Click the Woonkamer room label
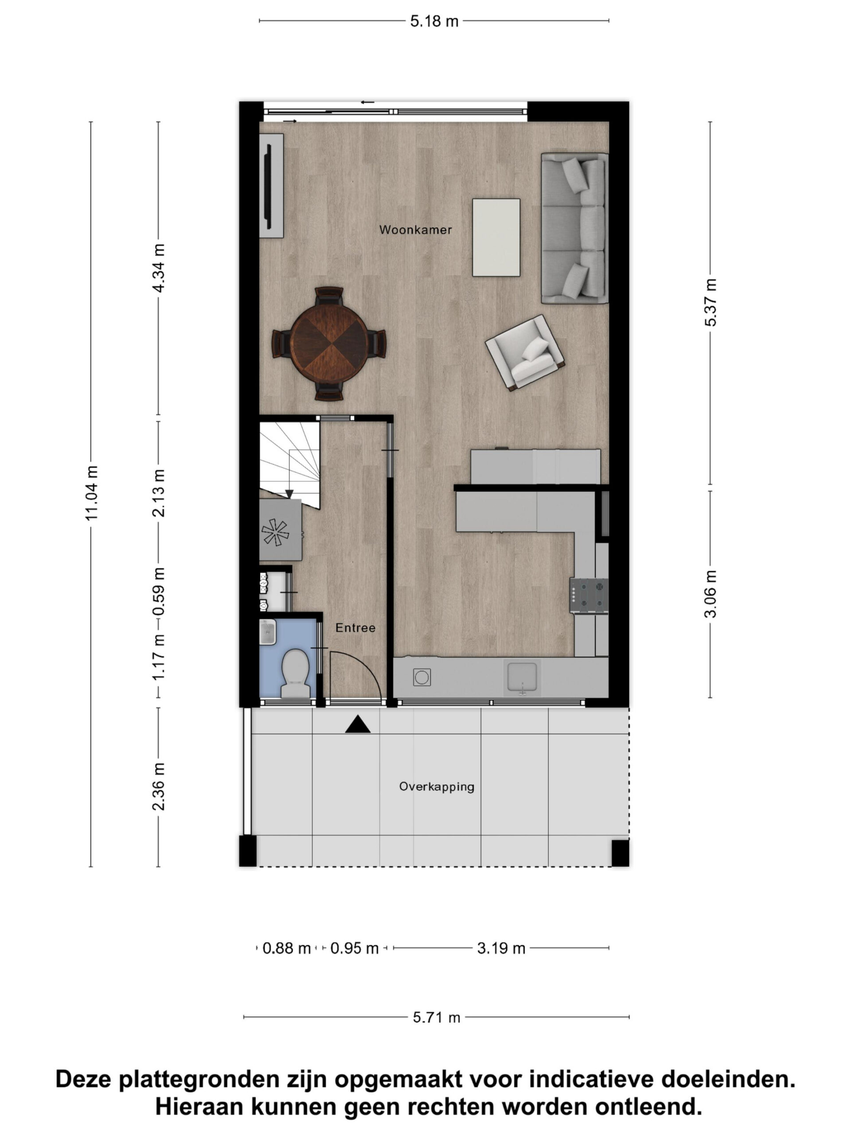click(415, 229)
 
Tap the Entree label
click(355, 627)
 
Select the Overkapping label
click(437, 787)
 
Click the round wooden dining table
click(329, 343)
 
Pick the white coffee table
click(496, 238)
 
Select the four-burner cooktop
click(589, 595)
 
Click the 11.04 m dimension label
click(91, 493)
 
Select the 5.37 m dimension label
click(710, 302)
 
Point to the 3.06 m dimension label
click(710, 594)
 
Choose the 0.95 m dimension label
click(355, 948)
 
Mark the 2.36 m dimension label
click(159, 787)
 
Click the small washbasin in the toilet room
click(268, 632)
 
